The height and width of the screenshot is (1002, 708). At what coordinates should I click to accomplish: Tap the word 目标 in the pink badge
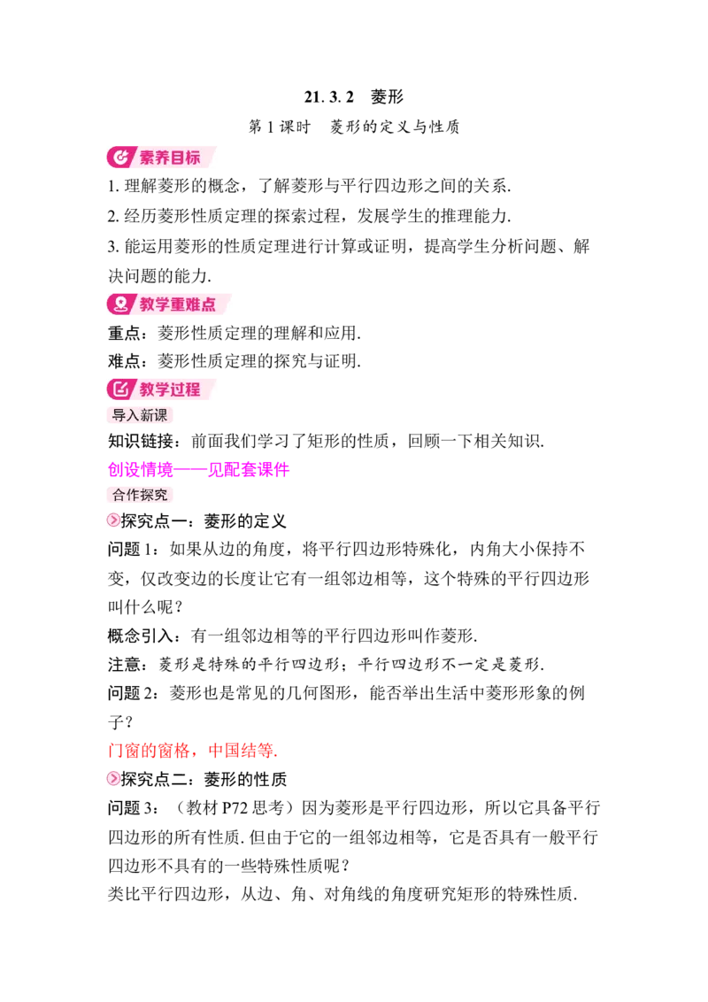pos(186,158)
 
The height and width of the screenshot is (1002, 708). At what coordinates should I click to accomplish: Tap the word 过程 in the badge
pos(186,389)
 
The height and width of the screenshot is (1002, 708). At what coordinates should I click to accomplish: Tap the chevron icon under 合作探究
pos(113,520)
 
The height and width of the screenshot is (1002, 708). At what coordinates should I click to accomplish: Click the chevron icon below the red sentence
pos(113,777)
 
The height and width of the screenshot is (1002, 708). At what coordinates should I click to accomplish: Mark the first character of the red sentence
pos(112,751)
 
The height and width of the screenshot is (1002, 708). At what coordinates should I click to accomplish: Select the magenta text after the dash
pos(248,470)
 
